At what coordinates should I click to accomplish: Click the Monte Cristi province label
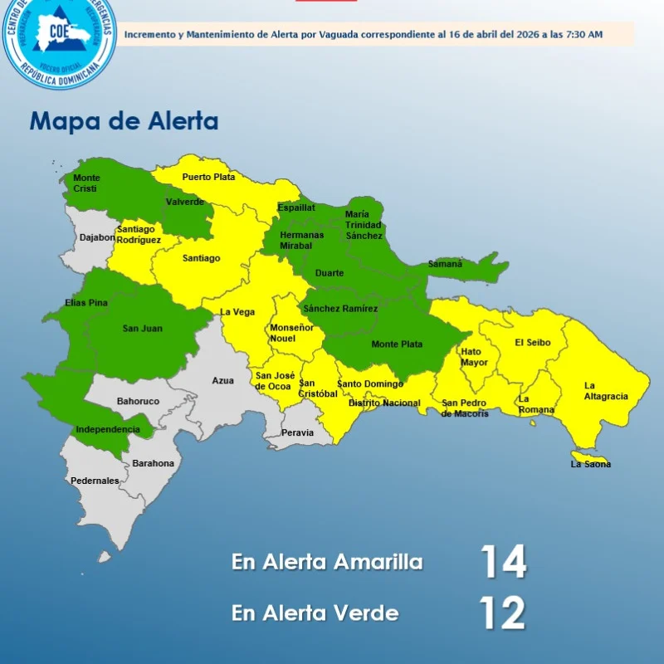click(x=86, y=183)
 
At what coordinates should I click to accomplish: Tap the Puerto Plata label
click(x=208, y=177)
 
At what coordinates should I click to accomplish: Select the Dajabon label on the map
click(x=97, y=237)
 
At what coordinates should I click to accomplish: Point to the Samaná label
click(x=445, y=264)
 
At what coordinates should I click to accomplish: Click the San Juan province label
click(x=143, y=329)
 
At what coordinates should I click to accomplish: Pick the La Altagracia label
click(x=606, y=391)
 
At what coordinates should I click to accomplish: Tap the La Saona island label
click(x=590, y=464)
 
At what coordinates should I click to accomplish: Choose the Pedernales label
click(x=95, y=481)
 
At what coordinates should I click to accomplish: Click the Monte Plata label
click(x=397, y=344)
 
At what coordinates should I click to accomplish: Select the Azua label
click(x=222, y=380)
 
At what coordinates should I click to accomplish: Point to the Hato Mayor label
click(x=475, y=357)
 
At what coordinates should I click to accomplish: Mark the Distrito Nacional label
click(x=384, y=403)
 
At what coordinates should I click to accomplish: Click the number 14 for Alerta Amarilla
click(x=503, y=562)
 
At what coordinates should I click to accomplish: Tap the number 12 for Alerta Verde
click(x=502, y=613)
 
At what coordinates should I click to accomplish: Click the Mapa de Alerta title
click(x=124, y=121)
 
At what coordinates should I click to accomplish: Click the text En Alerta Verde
click(x=315, y=613)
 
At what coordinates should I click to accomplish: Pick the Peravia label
click(x=298, y=432)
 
